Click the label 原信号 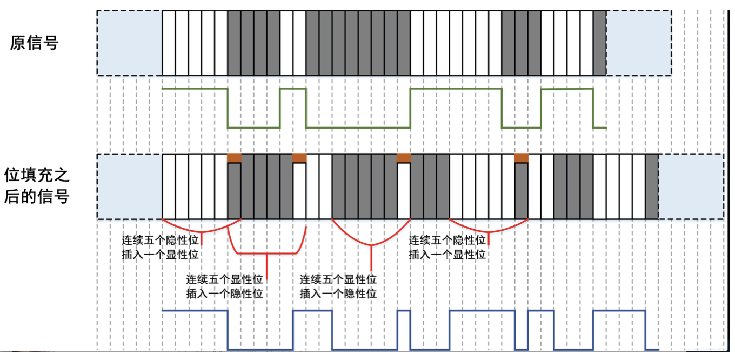tap(34, 43)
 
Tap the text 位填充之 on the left tap(37, 175)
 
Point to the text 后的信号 tap(37, 196)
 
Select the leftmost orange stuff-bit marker tap(234, 158)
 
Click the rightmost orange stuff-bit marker tap(521, 158)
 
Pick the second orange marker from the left tap(299, 158)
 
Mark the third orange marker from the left tap(404, 158)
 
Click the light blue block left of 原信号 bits tap(130, 43)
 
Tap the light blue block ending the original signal tap(639, 43)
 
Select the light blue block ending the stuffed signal tap(691, 186)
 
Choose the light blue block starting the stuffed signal tap(130, 186)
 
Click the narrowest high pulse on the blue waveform tap(404, 311)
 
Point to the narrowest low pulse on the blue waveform tap(521, 349)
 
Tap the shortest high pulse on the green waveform tap(293, 89)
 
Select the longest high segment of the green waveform tap(456, 89)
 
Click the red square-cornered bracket tap(267, 254)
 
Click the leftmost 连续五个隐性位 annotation tap(160, 240)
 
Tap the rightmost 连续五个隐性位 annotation tap(447, 240)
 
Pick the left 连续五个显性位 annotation tap(224, 279)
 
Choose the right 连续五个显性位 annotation tap(338, 279)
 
